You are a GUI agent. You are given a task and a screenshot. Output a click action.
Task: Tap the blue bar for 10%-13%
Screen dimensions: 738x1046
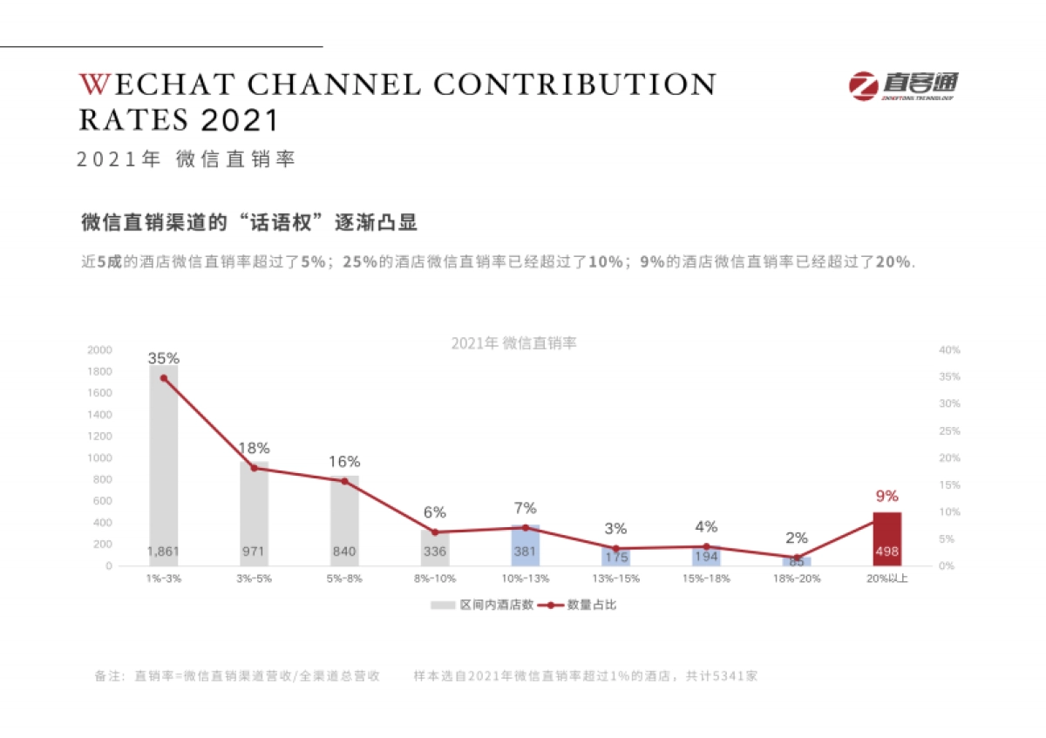(x=525, y=545)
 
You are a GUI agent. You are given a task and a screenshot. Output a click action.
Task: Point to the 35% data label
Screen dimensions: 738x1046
(x=163, y=358)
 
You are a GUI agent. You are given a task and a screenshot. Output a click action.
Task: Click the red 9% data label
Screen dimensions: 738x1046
(x=886, y=496)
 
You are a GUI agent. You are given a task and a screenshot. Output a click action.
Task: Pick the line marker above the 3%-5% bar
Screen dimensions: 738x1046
(x=254, y=468)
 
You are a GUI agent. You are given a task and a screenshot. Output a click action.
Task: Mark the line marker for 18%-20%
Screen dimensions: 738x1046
(x=796, y=558)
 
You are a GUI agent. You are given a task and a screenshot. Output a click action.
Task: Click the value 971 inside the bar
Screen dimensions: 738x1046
(x=254, y=552)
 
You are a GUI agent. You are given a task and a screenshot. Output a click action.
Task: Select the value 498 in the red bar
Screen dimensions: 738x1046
(x=886, y=552)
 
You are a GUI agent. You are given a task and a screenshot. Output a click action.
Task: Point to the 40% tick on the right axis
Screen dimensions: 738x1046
(x=949, y=349)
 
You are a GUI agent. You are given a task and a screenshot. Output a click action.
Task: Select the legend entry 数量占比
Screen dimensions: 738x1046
(x=592, y=605)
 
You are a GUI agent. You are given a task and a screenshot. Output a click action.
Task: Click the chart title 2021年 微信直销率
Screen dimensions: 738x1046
(x=513, y=343)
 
